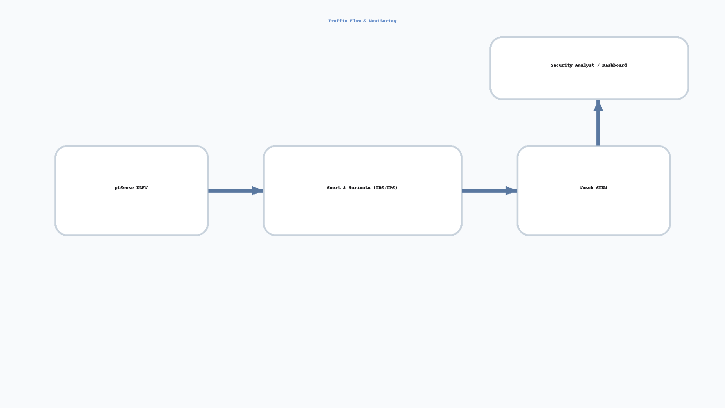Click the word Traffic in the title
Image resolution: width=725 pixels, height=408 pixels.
(x=338, y=21)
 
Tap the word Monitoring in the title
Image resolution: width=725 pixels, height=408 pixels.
(x=382, y=21)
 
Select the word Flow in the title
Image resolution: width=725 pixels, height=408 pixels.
(x=355, y=21)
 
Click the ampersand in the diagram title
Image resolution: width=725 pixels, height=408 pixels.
(x=365, y=21)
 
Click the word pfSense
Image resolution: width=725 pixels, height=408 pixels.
(x=124, y=188)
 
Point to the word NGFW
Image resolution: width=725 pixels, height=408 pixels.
(x=142, y=188)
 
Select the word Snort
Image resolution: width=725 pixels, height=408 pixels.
(x=333, y=188)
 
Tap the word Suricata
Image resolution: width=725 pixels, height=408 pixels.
(x=360, y=188)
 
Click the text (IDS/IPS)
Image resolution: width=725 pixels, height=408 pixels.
(x=385, y=188)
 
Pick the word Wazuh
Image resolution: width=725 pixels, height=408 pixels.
(x=586, y=188)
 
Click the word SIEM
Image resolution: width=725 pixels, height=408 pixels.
(x=601, y=188)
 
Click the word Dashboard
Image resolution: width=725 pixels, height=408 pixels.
(x=614, y=65)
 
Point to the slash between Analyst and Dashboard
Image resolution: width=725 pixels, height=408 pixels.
(x=599, y=65)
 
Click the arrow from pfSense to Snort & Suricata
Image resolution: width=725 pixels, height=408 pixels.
(x=236, y=191)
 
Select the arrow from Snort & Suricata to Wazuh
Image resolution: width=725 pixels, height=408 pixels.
(x=490, y=191)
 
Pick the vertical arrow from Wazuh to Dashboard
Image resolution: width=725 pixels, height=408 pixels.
(x=598, y=123)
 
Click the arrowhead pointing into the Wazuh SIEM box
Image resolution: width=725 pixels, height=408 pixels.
(x=512, y=191)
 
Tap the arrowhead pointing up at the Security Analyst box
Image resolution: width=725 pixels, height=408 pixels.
(x=598, y=106)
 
